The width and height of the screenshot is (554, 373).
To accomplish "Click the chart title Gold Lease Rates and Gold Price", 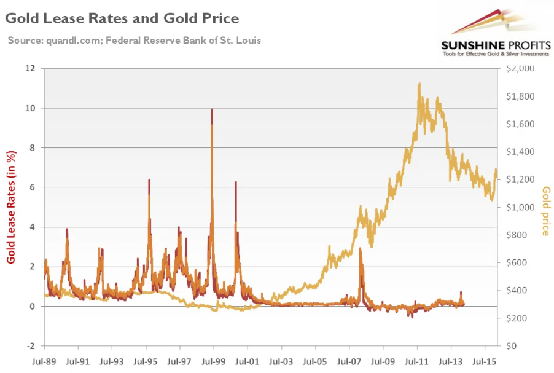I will click(122, 18).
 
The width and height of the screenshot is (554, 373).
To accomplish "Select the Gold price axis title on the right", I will click(545, 211).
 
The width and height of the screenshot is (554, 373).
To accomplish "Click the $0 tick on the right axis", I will click(517, 346).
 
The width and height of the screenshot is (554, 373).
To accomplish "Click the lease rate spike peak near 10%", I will click(212, 110).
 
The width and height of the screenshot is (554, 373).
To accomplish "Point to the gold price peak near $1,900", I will click(419, 84).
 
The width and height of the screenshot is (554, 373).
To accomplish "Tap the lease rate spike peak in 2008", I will click(361, 248).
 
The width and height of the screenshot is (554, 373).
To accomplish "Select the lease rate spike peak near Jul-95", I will click(149, 180).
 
